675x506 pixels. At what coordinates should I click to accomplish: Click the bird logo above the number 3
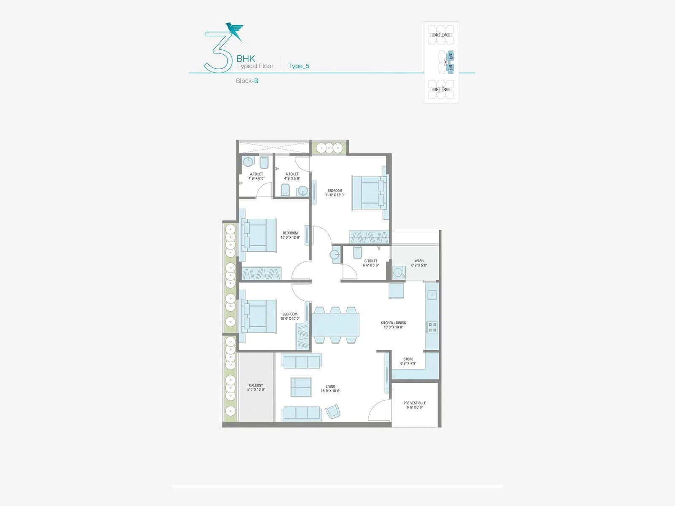pyautogui.click(x=235, y=31)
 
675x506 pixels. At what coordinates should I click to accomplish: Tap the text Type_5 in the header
pyautogui.click(x=299, y=66)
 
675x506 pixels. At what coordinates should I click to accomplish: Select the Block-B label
pyautogui.click(x=247, y=81)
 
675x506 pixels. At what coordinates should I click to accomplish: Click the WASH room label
pyautogui.click(x=419, y=261)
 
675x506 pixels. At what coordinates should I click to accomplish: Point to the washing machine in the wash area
pyautogui.click(x=398, y=272)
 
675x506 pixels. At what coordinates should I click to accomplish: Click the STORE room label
pyautogui.click(x=408, y=359)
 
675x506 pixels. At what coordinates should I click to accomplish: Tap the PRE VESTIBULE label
pyautogui.click(x=415, y=403)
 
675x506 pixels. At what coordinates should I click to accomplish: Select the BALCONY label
pyautogui.click(x=256, y=385)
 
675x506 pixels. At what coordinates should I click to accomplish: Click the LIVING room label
pyautogui.click(x=330, y=387)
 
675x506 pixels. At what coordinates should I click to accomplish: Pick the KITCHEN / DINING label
pyautogui.click(x=393, y=323)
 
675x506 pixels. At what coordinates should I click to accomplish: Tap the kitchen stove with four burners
pyautogui.click(x=432, y=327)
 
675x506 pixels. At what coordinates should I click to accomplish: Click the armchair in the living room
pyautogui.click(x=332, y=411)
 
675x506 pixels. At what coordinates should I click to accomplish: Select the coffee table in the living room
pyautogui.click(x=301, y=387)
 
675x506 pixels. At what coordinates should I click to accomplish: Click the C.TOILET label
pyautogui.click(x=371, y=261)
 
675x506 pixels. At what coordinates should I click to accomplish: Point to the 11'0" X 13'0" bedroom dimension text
pyautogui.click(x=335, y=195)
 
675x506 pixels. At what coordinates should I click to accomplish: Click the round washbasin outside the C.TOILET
pyautogui.click(x=335, y=255)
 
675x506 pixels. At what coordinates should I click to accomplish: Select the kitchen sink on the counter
pyautogui.click(x=432, y=294)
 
